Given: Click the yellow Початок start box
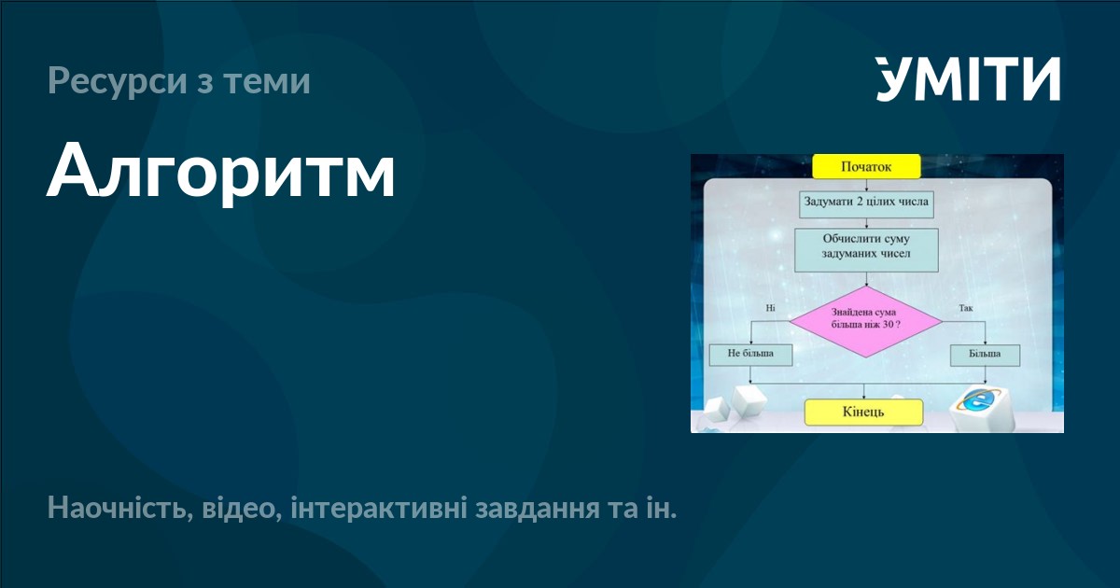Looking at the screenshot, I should coord(866,167).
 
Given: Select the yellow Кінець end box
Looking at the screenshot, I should coord(863,412).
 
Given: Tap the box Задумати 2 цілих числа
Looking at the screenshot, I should coord(867,202).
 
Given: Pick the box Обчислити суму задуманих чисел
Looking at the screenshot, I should coord(866,246).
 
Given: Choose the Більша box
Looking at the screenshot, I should coord(985,355).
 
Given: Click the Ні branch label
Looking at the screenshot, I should coord(770,307).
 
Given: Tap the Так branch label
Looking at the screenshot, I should coord(965,307).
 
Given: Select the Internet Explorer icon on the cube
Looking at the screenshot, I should coord(978,404).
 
